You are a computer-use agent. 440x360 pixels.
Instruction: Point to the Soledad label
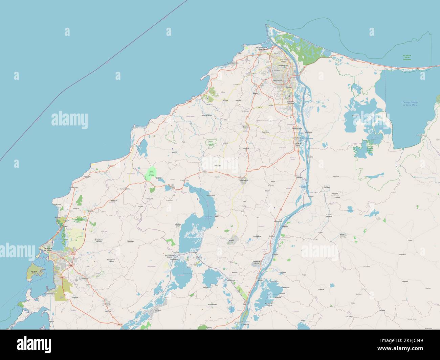point(289,87)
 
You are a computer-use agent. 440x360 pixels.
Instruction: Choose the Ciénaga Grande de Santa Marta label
point(410,103)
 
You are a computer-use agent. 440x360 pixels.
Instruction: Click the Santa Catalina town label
point(125,189)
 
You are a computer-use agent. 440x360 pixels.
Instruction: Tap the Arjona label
point(108,304)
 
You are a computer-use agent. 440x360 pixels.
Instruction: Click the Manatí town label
point(232,240)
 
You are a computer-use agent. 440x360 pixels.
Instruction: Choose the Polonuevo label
point(265,132)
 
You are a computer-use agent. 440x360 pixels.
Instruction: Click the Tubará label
point(225,100)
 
